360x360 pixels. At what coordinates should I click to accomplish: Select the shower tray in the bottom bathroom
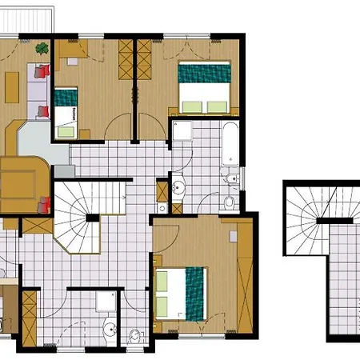pyautogui.click(x=106, y=300)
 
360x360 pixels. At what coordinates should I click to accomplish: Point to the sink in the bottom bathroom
pyautogui.click(x=108, y=326)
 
